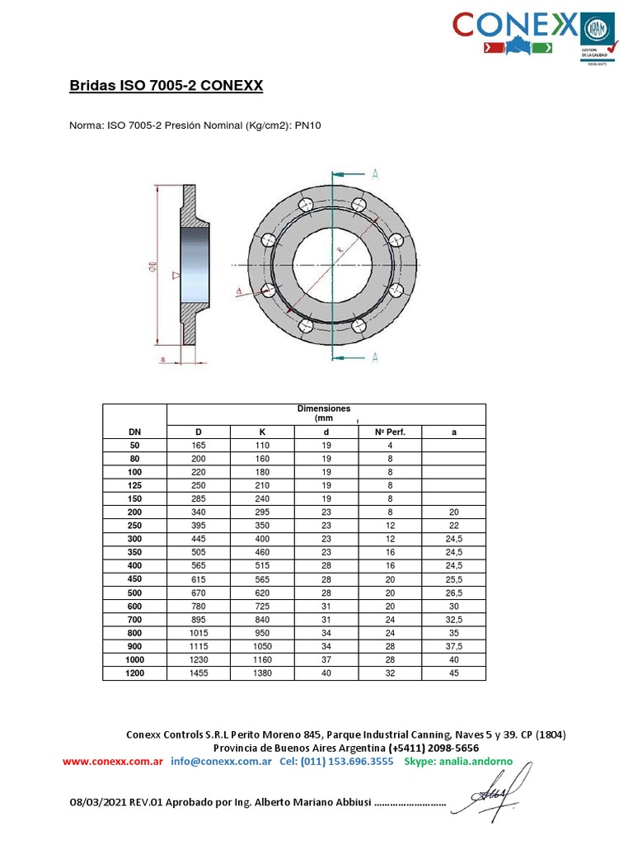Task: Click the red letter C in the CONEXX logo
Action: click(467, 25)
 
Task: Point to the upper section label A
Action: click(375, 173)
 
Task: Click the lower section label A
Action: click(375, 356)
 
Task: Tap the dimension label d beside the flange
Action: click(238, 290)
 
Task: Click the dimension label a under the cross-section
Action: click(163, 359)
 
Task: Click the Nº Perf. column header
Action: click(390, 432)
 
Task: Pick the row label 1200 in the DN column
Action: click(134, 674)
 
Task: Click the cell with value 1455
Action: click(198, 674)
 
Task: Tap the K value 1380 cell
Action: click(261, 674)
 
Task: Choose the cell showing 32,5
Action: click(453, 621)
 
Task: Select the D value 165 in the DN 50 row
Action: click(198, 446)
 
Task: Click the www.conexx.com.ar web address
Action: click(112, 761)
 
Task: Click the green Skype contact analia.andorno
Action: click(458, 761)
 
